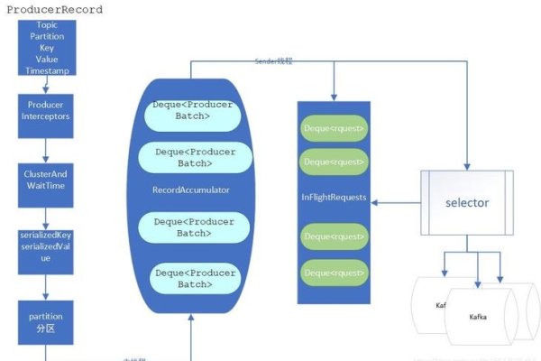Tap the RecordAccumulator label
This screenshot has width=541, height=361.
(x=191, y=190)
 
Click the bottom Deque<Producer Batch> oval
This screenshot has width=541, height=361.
(x=194, y=277)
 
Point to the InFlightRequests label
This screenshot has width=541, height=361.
(x=334, y=197)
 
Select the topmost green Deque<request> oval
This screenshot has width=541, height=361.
(x=334, y=129)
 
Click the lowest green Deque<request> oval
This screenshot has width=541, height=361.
(x=334, y=271)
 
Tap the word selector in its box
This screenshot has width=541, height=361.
(x=467, y=202)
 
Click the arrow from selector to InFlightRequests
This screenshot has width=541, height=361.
(x=397, y=202)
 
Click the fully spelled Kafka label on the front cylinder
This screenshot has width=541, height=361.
(x=478, y=318)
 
